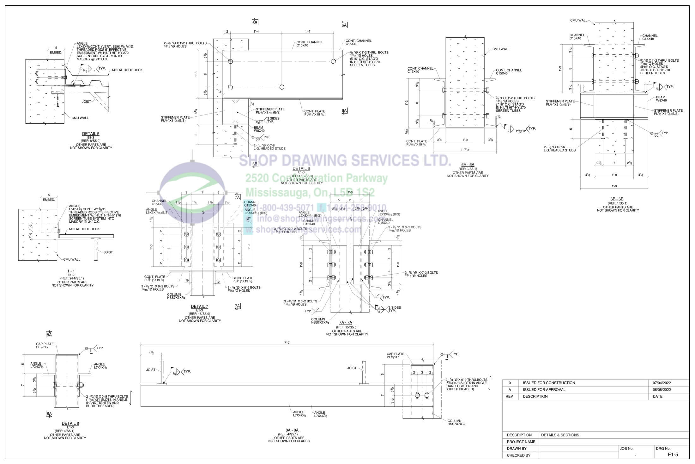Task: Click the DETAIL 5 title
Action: tap(91, 134)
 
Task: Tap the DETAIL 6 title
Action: tap(301, 169)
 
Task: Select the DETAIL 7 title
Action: tap(199, 306)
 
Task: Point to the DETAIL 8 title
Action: tap(70, 424)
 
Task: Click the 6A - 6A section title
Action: tap(468, 165)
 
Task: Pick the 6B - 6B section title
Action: tap(617, 199)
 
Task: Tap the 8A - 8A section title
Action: tap(292, 430)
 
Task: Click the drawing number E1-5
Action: tap(673, 455)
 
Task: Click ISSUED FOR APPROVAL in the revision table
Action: tap(544, 390)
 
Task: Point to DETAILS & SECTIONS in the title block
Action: tap(560, 435)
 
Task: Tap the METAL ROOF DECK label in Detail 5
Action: tap(127, 70)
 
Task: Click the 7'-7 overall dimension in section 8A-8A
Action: tap(287, 343)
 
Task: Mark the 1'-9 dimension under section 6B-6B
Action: tap(614, 186)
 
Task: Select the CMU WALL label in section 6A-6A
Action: tap(501, 49)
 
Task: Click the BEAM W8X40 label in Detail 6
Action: tap(259, 129)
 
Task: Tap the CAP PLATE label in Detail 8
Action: tap(45, 345)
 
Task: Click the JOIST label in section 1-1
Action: tap(108, 252)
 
